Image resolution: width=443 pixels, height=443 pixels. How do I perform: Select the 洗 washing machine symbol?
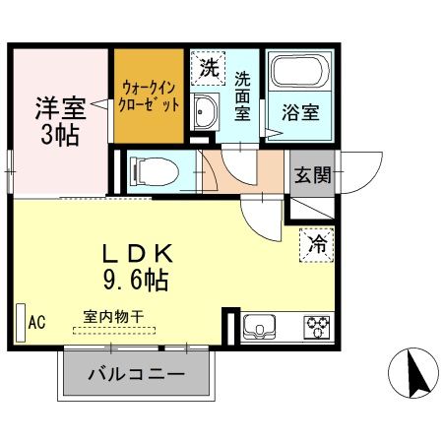pyautogui.click(x=208, y=70)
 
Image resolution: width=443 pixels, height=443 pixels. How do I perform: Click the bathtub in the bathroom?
pyautogui.click(x=300, y=73)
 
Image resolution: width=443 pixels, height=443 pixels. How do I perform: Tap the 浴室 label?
pyautogui.click(x=301, y=112)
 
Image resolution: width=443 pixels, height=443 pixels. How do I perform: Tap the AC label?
pyautogui.click(x=37, y=322)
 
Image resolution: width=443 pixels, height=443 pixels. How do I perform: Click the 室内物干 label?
pyautogui.click(x=113, y=317)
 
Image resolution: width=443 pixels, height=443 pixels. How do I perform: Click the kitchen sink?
pyautogui.click(x=262, y=326)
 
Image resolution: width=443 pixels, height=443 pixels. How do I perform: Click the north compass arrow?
pyautogui.click(x=415, y=373)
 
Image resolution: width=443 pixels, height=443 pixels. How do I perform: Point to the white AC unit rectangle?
pyautogui.click(x=20, y=320)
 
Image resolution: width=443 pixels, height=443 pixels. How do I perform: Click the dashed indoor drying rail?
pyautogui.click(x=113, y=332)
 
